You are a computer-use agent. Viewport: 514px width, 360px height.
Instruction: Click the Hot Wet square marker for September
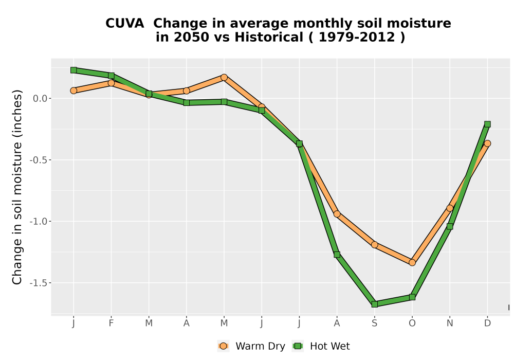point(374,304)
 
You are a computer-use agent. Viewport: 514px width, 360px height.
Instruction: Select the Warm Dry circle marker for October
point(412,263)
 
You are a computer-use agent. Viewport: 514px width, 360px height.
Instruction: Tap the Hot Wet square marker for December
point(487,124)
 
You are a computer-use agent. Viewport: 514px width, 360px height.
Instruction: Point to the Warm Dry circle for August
point(337,214)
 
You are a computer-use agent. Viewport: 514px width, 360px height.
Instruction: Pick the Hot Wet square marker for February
point(111,76)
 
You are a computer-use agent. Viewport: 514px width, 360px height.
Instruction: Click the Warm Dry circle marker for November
point(450,208)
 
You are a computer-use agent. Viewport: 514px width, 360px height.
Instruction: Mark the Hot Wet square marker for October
point(412,297)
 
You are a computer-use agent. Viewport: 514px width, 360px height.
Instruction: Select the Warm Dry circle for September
point(374,245)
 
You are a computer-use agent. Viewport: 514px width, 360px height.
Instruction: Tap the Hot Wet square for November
point(450,227)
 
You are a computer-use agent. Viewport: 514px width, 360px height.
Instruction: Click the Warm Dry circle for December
point(487,143)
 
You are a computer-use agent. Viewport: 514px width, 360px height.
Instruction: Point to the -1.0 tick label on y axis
point(39,221)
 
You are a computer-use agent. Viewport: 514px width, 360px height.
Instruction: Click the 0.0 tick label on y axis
point(40,98)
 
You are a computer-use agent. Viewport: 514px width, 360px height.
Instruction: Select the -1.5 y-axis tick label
point(39,283)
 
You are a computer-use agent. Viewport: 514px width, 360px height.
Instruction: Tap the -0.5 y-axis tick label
point(39,160)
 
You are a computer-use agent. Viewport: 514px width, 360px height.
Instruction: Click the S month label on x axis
point(374,323)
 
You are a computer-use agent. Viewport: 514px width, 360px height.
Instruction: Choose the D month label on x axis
point(487,323)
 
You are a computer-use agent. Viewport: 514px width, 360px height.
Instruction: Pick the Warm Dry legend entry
point(251,346)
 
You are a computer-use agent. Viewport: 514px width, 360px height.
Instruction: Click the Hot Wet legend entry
point(321,346)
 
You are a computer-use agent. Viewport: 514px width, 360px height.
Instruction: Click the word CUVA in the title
point(124,24)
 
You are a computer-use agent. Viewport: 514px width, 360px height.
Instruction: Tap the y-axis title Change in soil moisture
point(17,187)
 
